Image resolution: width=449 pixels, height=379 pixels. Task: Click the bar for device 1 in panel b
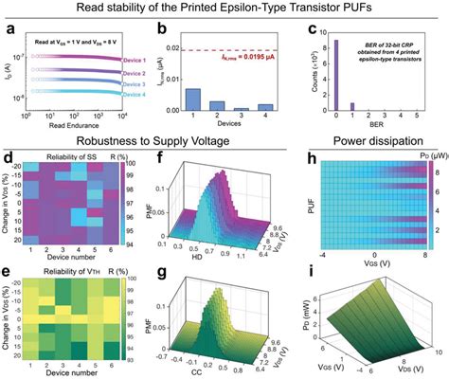192,101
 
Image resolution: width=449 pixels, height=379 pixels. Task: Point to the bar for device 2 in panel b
217,107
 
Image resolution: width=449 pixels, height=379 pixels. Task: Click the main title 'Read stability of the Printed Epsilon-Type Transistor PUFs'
224,9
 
